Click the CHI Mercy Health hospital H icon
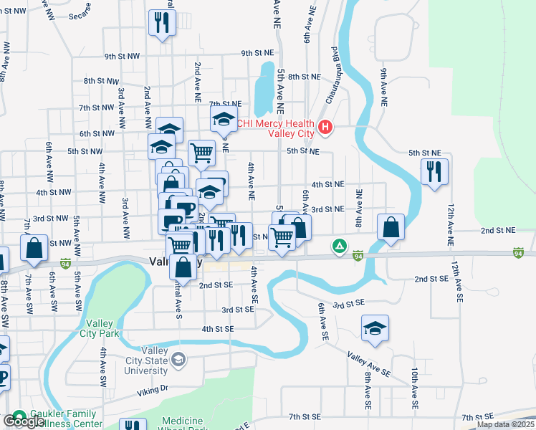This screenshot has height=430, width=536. [325, 128]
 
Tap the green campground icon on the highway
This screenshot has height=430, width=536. [338, 247]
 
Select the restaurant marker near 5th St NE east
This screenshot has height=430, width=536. [434, 171]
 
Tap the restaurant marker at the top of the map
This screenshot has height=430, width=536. [162, 21]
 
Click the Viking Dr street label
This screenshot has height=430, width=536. [153, 389]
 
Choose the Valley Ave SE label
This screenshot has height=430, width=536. [369, 364]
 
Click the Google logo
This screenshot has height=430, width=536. [23, 421]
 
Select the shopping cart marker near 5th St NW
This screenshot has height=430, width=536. [202, 152]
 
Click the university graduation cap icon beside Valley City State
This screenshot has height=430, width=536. [179, 359]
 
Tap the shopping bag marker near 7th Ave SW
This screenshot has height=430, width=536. [34, 247]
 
